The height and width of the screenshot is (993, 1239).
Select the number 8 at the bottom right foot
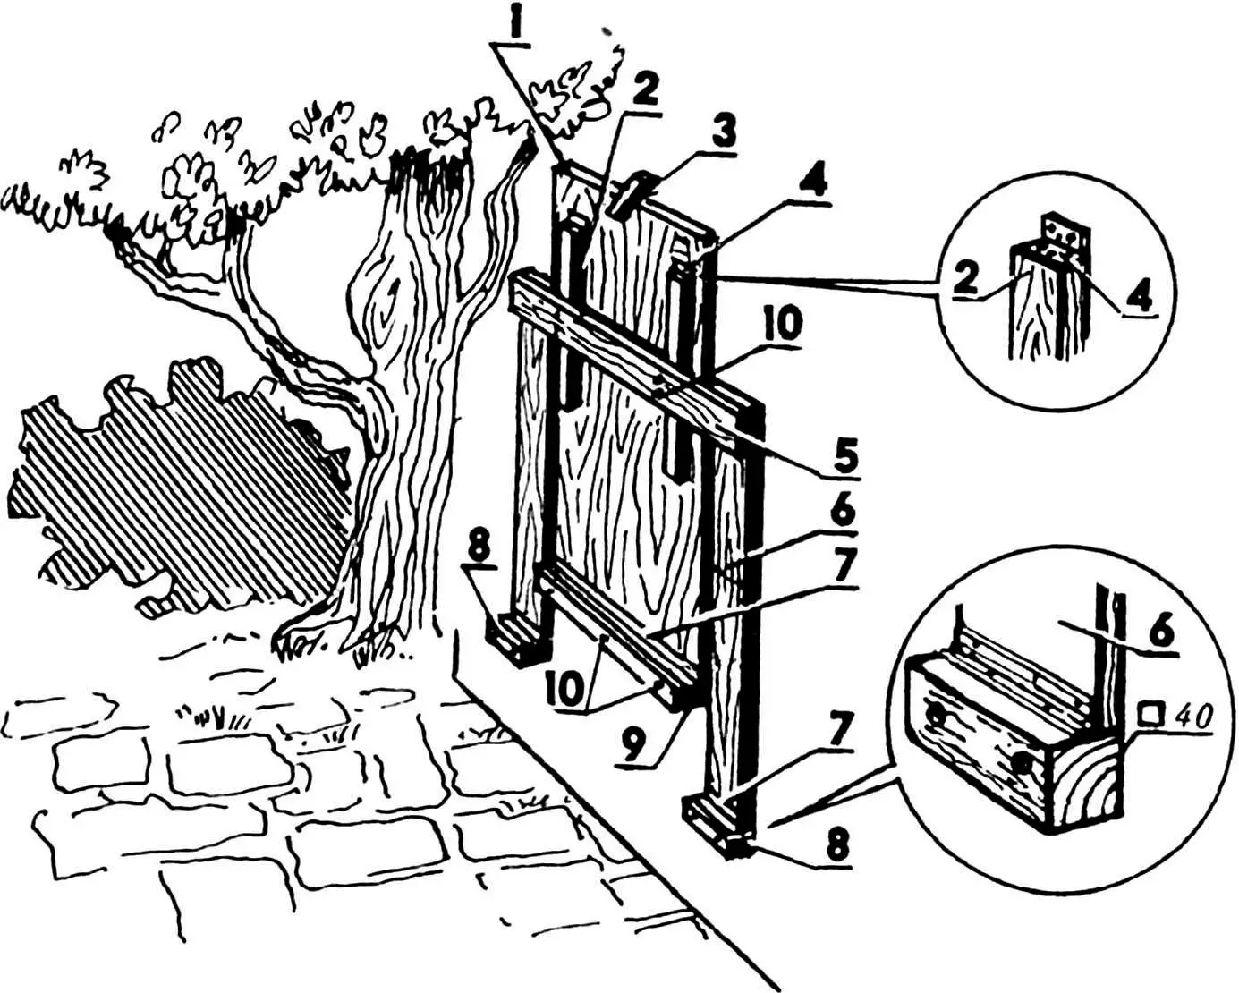(x=836, y=846)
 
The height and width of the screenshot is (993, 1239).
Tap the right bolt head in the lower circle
(x=1019, y=763)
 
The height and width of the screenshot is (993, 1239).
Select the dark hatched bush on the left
(x=170, y=483)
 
